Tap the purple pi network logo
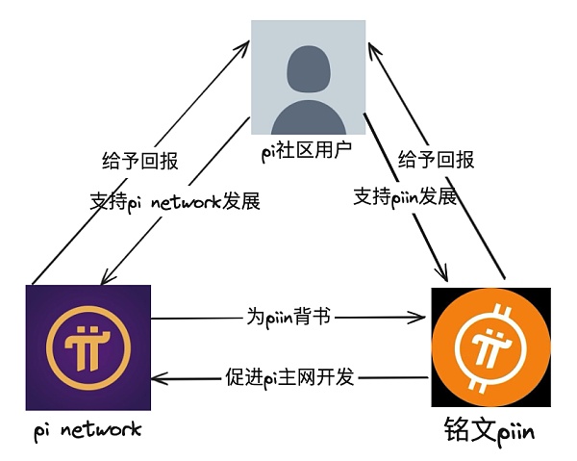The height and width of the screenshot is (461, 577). tap(89, 346)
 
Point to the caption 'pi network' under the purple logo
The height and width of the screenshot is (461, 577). tap(86, 428)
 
